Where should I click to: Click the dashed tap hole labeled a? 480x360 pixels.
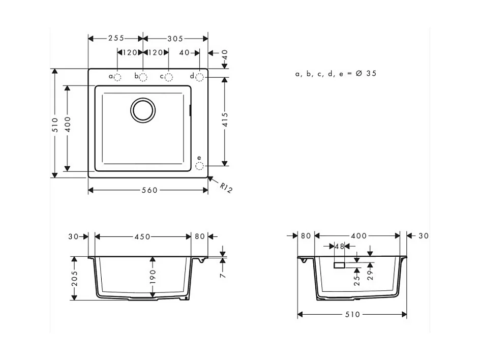117,77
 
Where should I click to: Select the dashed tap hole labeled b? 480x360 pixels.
143,77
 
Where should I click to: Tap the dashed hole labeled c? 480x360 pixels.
169,77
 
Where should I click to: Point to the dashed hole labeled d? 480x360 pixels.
199,77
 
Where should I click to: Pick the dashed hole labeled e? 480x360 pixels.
199,166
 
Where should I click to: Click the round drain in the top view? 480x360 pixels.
142,110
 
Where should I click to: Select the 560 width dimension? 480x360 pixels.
149,190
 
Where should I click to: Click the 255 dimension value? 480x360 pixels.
116,39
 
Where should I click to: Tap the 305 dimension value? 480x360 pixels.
175,39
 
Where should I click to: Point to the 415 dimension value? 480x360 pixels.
225,121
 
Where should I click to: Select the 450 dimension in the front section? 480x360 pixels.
142,236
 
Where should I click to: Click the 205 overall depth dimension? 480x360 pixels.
75,278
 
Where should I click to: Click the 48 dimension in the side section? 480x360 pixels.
339,246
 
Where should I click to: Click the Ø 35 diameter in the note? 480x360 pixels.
366,74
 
